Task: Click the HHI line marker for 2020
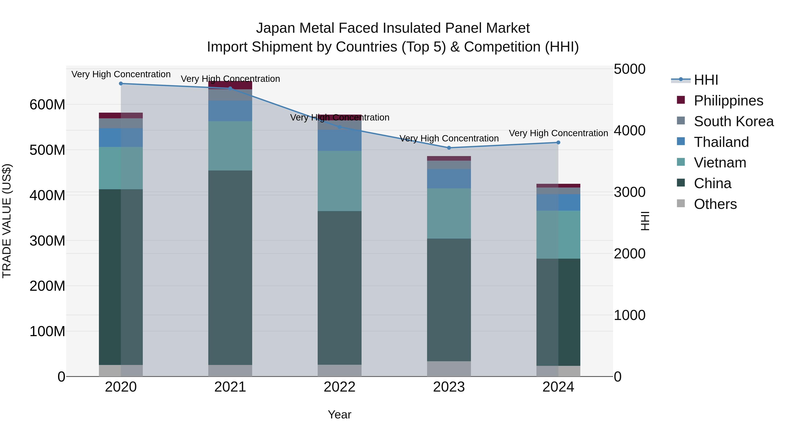point(121,84)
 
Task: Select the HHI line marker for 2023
point(449,148)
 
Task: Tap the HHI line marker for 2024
point(558,143)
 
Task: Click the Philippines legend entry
point(728,101)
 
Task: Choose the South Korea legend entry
point(734,121)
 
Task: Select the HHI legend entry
point(706,80)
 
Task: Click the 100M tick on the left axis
point(47,331)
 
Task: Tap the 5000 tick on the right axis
point(629,69)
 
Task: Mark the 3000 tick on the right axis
point(629,192)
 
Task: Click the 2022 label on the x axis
point(339,387)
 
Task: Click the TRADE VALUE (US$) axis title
point(7,221)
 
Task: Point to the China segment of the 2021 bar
point(230,268)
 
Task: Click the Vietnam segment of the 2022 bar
point(339,181)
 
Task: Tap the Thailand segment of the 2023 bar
point(449,179)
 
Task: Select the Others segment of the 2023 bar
point(449,369)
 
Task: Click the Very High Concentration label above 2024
point(558,133)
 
